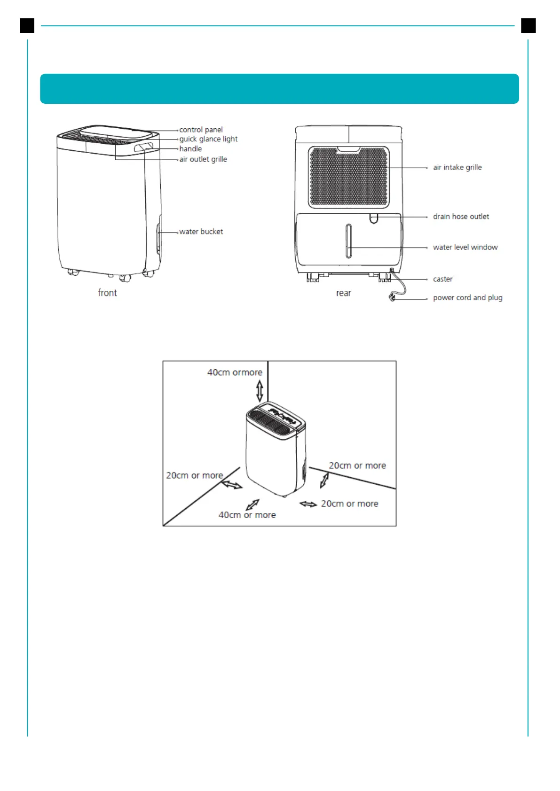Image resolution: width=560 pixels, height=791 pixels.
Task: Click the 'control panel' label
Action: [x=201, y=130]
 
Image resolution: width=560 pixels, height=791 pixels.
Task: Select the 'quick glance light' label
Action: [x=208, y=139]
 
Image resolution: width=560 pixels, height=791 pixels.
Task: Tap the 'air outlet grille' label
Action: [x=203, y=159]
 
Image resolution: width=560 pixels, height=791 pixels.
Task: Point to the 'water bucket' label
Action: [x=201, y=232]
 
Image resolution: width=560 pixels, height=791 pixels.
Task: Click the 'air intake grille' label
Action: [x=457, y=167]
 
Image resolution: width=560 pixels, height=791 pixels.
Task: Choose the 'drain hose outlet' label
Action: [x=461, y=217]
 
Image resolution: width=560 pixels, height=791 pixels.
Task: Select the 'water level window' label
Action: [x=465, y=247]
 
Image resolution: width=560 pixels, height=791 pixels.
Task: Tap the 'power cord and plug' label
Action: [x=467, y=298]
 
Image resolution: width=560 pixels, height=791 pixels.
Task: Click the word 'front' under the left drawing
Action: [x=107, y=293]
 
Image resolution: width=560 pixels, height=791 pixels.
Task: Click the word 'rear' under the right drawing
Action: [x=343, y=293]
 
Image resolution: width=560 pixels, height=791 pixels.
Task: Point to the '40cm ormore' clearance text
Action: [x=235, y=372]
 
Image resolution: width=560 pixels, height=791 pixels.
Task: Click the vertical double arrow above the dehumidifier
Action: [x=260, y=390]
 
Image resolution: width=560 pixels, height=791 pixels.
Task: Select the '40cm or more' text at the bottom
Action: [x=247, y=515]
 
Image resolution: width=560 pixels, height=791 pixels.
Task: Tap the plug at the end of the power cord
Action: [x=393, y=297]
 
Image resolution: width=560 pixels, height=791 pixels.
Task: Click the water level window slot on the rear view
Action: [x=348, y=241]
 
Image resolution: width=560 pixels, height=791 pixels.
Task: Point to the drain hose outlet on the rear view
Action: [x=374, y=218]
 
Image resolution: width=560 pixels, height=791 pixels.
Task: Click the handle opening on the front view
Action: [x=143, y=147]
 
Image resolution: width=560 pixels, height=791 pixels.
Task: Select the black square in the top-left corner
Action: [x=27, y=25]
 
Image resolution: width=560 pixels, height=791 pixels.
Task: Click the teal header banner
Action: [x=279, y=89]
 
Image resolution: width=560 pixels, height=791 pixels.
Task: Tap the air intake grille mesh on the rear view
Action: [x=348, y=177]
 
